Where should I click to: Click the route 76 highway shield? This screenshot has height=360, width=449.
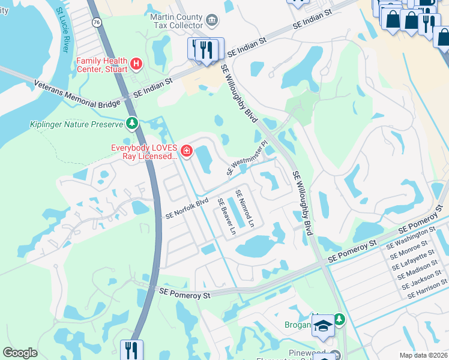click(97, 22)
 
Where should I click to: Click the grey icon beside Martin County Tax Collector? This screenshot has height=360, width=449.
click(212, 22)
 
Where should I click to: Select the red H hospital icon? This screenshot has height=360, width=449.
click(136, 62)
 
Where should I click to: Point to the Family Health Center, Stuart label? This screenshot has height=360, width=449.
click(101, 65)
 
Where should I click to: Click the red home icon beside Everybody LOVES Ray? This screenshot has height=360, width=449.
click(186, 151)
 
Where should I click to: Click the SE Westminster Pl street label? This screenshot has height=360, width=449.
click(247, 159)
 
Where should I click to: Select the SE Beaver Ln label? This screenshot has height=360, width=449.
click(226, 216)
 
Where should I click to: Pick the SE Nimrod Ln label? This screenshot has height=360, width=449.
click(245, 208)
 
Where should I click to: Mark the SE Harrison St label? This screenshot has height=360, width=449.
click(427, 289)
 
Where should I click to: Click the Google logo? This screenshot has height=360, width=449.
click(20, 353)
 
